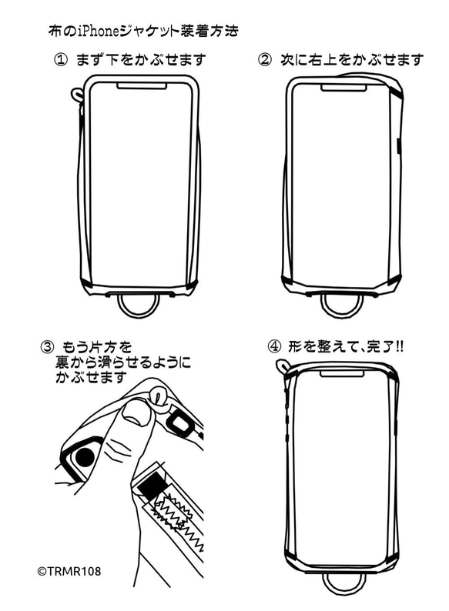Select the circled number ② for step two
[x=266, y=60]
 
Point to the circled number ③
[x=46, y=347]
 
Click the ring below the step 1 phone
[x=139, y=304]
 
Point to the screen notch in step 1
[x=142, y=86]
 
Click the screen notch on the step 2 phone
[x=344, y=87]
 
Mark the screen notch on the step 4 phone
[x=343, y=373]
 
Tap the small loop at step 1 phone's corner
[x=77, y=95]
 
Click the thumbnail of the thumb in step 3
[x=137, y=415]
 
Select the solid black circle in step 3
[x=85, y=457]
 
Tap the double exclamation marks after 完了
[x=398, y=347]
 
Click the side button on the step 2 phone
[x=398, y=145]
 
